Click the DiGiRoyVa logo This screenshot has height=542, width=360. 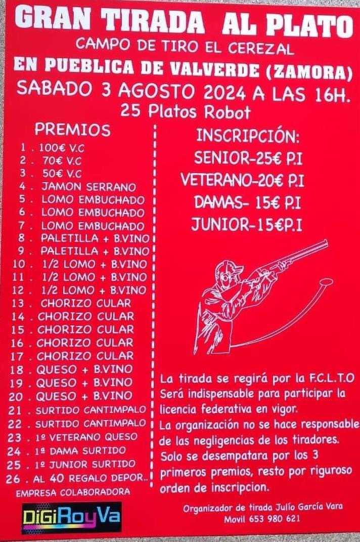[72, 517]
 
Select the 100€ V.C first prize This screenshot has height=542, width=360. [52, 148]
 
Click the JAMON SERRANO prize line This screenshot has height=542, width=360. [77, 187]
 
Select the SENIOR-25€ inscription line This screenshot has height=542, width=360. [248, 158]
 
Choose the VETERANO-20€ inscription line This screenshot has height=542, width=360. [243, 180]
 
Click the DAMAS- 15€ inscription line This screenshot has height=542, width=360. [247, 202]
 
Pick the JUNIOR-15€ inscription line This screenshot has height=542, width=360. [247, 225]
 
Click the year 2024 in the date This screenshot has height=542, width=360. [224, 93]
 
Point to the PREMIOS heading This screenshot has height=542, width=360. [72, 130]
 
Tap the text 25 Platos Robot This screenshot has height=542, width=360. [185, 112]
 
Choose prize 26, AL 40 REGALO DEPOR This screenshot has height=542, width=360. [77, 479]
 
